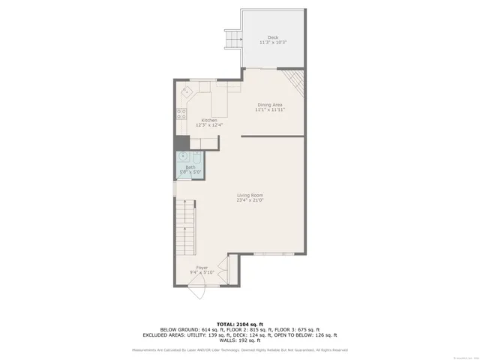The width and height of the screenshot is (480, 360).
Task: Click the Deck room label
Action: (x=273, y=37)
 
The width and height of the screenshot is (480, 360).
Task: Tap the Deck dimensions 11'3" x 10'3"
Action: (x=273, y=42)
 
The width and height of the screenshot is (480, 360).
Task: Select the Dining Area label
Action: (x=270, y=104)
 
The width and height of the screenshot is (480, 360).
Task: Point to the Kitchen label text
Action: (x=209, y=120)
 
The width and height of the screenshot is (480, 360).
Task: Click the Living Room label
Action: (x=250, y=195)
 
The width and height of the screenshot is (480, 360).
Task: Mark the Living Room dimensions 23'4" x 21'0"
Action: (x=250, y=200)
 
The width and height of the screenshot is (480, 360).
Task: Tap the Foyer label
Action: (x=202, y=267)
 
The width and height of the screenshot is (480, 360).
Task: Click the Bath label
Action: (x=190, y=167)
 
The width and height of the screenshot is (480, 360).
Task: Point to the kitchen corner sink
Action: (x=186, y=93)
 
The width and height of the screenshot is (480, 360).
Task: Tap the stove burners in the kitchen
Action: (x=181, y=115)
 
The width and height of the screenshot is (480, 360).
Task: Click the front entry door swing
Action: (x=196, y=293)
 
